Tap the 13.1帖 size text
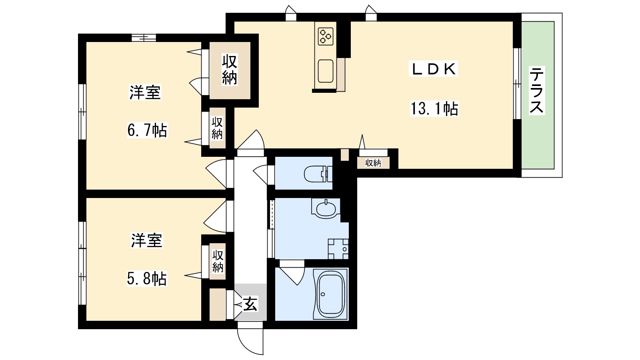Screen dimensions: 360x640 tap(434, 109)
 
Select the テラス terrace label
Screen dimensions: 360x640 tap(537, 90)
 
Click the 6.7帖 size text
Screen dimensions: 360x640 tap(147, 131)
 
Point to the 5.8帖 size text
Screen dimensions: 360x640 tap(146, 279)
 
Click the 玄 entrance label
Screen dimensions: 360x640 tap(250, 304)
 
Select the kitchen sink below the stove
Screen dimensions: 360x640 tap(325, 71)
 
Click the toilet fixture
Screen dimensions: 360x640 tap(318, 174)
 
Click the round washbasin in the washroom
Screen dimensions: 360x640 tap(325, 208)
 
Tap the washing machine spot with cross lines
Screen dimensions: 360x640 tap(338, 249)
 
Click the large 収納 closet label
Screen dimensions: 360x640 tap(230, 70)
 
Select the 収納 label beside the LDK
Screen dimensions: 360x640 tap(373, 163)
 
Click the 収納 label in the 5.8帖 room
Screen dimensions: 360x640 tap(218, 261)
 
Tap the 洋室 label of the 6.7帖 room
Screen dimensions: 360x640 tap(145, 93)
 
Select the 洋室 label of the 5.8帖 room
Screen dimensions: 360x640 tap(146, 241)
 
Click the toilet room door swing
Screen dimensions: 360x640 tap(262, 174)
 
